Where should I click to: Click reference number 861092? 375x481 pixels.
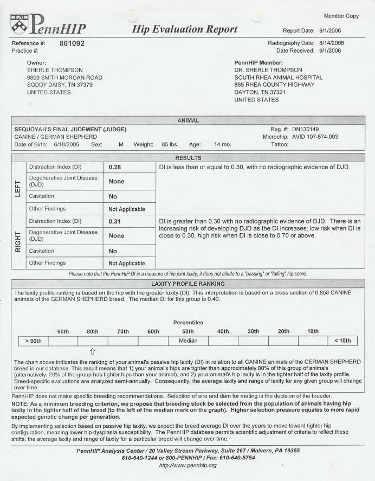point(72,43)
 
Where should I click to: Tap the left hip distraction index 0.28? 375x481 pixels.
point(114,167)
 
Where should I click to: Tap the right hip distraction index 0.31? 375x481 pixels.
point(114,221)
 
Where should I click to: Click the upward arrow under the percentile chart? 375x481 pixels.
point(93,351)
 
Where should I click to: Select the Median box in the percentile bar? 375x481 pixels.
point(187,341)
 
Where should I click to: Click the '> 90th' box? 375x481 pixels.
point(33,341)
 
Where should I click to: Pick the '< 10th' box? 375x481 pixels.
point(342,341)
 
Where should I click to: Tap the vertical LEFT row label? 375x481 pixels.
point(18,188)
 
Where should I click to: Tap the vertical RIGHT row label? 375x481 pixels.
point(18,242)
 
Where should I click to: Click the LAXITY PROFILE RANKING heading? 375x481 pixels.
point(187,284)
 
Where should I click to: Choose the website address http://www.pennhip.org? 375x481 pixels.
point(187,465)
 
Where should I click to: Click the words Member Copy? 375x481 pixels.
point(341,16)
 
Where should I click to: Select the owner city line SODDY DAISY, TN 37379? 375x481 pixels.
point(60,85)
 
